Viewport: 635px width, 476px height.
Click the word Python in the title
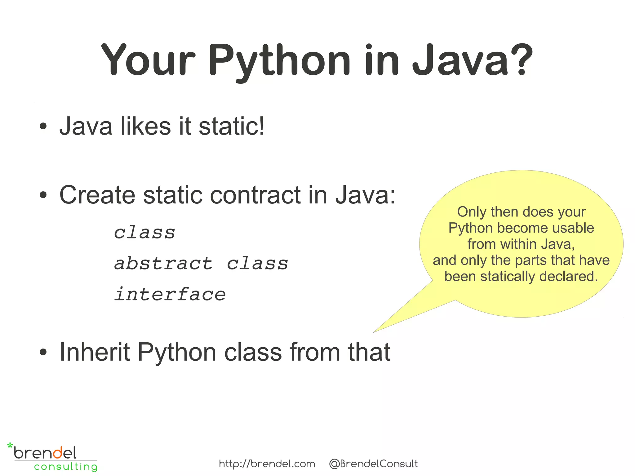[279, 60]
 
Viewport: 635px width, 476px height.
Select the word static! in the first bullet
[231, 127]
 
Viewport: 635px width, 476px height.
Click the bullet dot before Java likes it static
[43, 127]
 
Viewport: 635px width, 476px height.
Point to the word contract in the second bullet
[255, 195]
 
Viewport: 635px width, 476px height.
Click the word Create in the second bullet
[97, 195]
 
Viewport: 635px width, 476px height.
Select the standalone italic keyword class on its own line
[144, 233]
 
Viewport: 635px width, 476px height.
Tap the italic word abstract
[163, 264]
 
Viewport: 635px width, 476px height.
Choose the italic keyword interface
[170, 294]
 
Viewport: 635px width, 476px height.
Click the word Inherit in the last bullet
[95, 352]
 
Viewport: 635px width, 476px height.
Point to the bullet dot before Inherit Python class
[43, 352]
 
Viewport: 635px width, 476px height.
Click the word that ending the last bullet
[369, 352]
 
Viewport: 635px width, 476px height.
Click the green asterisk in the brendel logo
[10, 446]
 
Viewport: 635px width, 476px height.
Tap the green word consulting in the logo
[66, 467]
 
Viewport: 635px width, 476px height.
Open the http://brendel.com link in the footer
[267, 464]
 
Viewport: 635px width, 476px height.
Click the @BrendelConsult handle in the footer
[373, 464]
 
